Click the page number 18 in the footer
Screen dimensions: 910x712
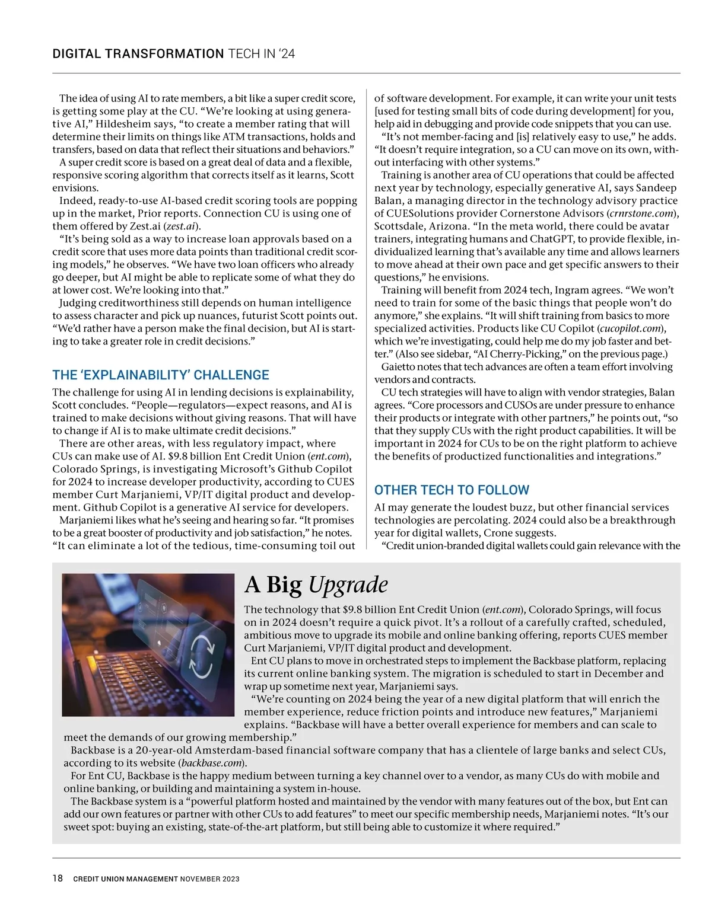tap(58, 878)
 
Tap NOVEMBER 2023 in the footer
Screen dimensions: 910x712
tap(210, 879)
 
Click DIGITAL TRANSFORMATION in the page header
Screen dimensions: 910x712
tap(138, 54)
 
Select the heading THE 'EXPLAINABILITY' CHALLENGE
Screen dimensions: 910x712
tap(161, 375)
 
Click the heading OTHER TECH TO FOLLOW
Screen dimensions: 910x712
tap(452, 490)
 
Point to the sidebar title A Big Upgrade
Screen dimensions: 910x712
tap(316, 585)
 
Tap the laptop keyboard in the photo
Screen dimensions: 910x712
tap(131, 682)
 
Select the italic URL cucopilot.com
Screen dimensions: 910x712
tap(631, 328)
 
